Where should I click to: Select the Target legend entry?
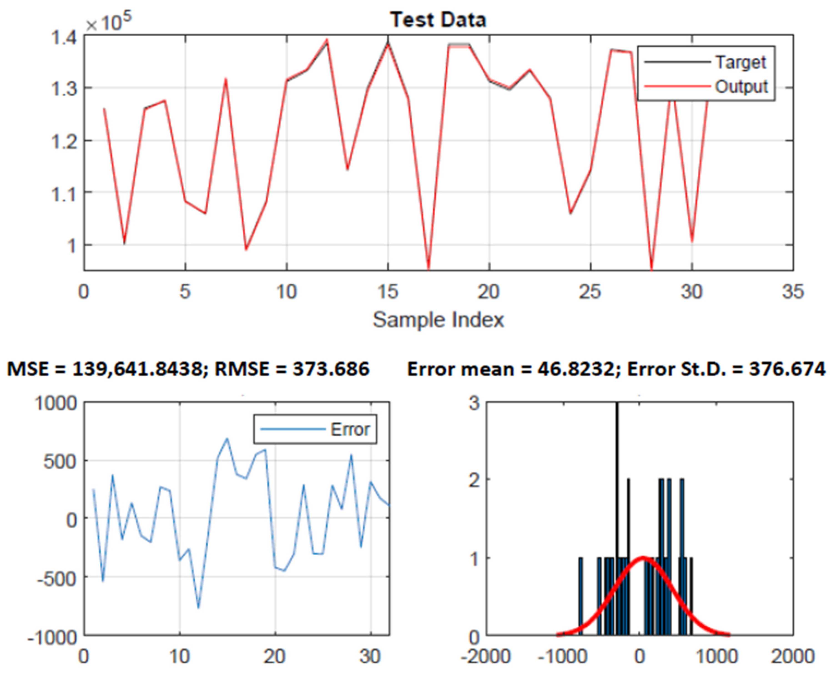(x=740, y=62)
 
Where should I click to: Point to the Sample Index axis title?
(x=438, y=320)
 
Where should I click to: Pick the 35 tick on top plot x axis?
(x=793, y=292)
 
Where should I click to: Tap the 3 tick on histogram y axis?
(x=474, y=404)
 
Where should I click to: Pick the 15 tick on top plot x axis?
(x=388, y=292)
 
